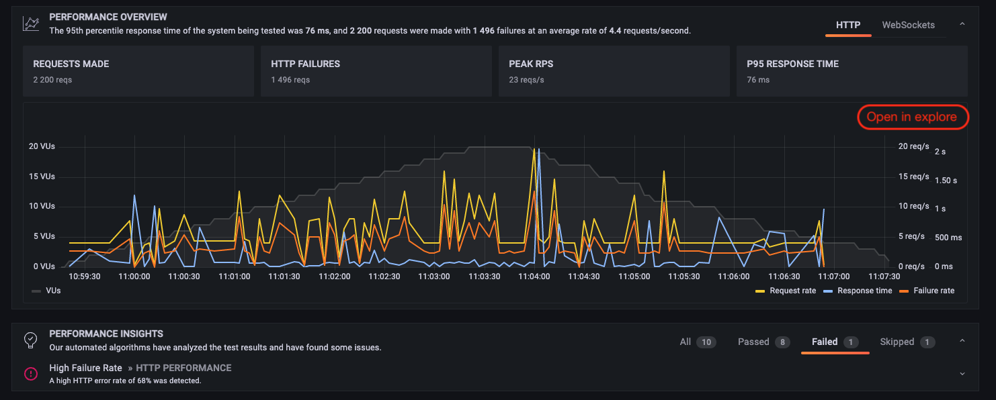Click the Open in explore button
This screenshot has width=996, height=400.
[912, 117]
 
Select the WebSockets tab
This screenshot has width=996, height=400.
[908, 25]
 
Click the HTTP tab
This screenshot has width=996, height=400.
[848, 25]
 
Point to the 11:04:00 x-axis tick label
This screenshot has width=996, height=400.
[535, 276]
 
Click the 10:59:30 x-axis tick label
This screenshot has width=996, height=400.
[85, 276]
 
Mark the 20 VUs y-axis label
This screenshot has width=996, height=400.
[42, 146]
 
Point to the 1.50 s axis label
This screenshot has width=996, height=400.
[948, 181]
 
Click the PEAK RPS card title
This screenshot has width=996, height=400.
[531, 64]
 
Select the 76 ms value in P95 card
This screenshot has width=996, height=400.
[758, 80]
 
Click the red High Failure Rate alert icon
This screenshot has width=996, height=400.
[31, 374]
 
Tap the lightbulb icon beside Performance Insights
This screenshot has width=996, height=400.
[31, 340]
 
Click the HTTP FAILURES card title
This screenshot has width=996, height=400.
[305, 64]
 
